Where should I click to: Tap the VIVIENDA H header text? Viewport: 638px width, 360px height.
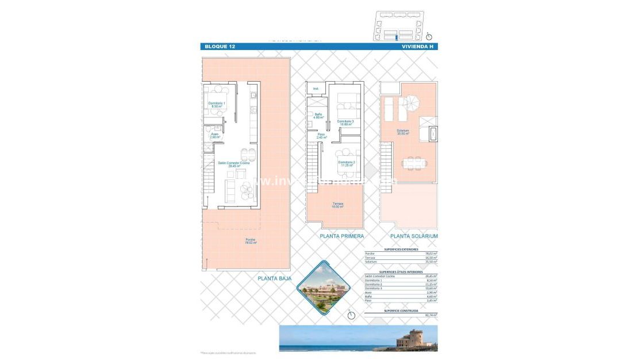(x=418, y=47)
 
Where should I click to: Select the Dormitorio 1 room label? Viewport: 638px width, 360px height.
(x=217, y=105)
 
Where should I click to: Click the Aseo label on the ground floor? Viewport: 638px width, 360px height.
(x=214, y=136)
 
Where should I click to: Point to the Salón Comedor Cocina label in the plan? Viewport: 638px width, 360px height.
(x=233, y=164)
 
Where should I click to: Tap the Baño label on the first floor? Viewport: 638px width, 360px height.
(x=318, y=116)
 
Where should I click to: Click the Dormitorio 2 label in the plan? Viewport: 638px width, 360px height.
(x=346, y=164)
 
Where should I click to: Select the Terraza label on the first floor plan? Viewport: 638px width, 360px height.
(x=337, y=205)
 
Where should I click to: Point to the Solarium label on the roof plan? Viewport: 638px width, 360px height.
(x=402, y=132)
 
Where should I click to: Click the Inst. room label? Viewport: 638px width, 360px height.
(x=316, y=89)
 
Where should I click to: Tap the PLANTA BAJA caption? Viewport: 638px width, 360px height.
(x=274, y=278)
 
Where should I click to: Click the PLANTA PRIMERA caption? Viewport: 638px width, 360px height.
(x=342, y=236)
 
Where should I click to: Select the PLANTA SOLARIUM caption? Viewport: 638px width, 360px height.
(x=414, y=236)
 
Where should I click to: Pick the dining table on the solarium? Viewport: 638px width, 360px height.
(x=414, y=163)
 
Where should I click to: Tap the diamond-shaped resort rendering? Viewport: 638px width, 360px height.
(x=325, y=288)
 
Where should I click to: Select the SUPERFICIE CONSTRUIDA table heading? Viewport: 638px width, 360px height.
(x=401, y=311)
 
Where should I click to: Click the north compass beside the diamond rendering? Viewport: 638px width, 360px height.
(x=350, y=313)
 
